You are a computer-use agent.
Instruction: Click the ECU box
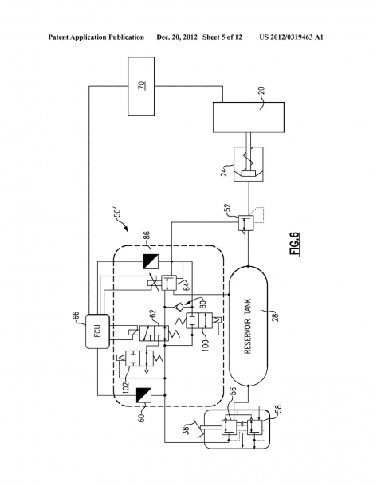pyautogui.click(x=97, y=331)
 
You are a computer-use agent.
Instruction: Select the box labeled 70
pyautogui.click(x=141, y=86)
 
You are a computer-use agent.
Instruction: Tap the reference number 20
pyautogui.click(x=261, y=91)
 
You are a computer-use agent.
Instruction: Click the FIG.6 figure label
pyautogui.click(x=296, y=244)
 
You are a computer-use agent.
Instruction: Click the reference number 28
pyautogui.click(x=275, y=317)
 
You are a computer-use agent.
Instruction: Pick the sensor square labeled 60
pyautogui.click(x=143, y=395)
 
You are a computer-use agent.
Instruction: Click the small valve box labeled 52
pyautogui.click(x=245, y=222)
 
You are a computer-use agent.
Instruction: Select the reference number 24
pyautogui.click(x=224, y=170)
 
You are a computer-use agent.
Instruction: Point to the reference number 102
pyautogui.click(x=126, y=387)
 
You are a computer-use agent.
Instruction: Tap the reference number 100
pyautogui.click(x=206, y=345)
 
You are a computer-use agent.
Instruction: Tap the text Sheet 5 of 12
pyautogui.click(x=222, y=37)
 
